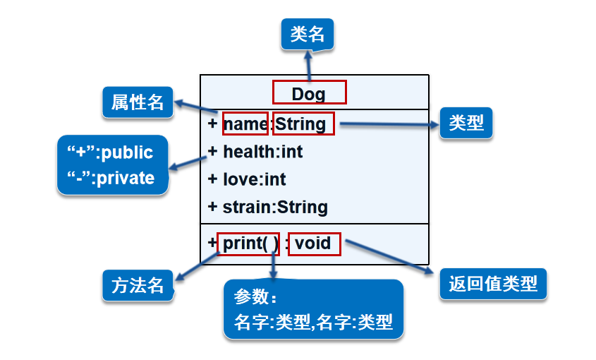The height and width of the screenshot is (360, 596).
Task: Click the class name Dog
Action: (309, 93)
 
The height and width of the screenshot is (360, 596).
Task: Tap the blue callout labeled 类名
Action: (307, 33)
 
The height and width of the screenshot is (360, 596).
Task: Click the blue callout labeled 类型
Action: (466, 123)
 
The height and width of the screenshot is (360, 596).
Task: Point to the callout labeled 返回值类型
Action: (493, 284)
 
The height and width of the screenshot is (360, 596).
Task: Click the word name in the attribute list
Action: (245, 124)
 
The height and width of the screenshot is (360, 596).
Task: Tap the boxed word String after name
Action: (300, 124)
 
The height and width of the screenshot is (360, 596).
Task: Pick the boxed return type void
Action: (313, 244)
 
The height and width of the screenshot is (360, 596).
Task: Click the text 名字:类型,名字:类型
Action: (312, 323)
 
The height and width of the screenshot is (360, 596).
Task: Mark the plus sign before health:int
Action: (212, 151)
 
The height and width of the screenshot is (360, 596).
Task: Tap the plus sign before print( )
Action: (212, 243)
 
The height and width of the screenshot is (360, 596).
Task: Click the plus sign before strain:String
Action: (212, 207)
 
